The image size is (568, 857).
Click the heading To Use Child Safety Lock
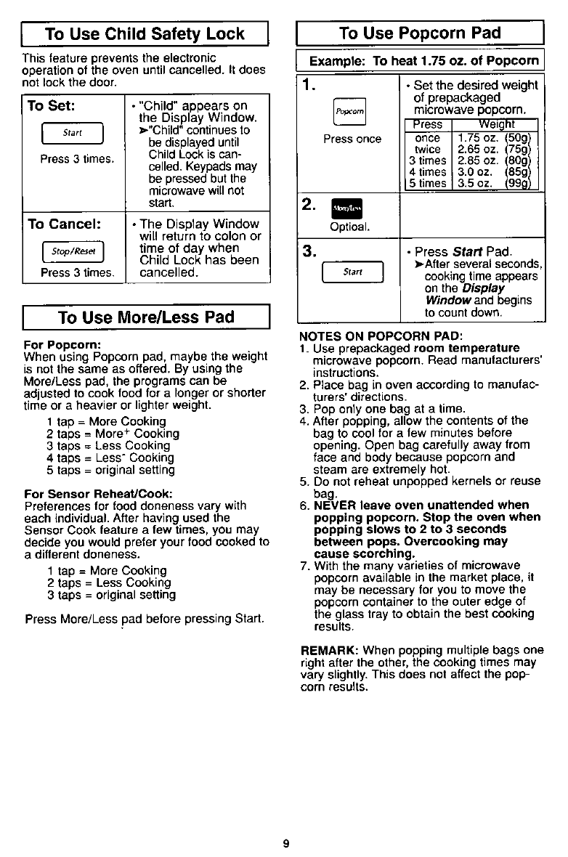145,33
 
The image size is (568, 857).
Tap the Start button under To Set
71,133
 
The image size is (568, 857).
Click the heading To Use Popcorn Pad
420,33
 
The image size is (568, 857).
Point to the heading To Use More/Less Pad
146,317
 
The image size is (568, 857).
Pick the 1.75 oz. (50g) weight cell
495,138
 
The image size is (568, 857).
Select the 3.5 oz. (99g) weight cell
495,184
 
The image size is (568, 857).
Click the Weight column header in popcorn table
495,125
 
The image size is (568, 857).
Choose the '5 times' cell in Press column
426,184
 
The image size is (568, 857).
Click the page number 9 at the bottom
286,843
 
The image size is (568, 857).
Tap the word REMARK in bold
328,650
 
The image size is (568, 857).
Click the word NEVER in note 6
334,505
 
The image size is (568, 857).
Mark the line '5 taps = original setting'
110,470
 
